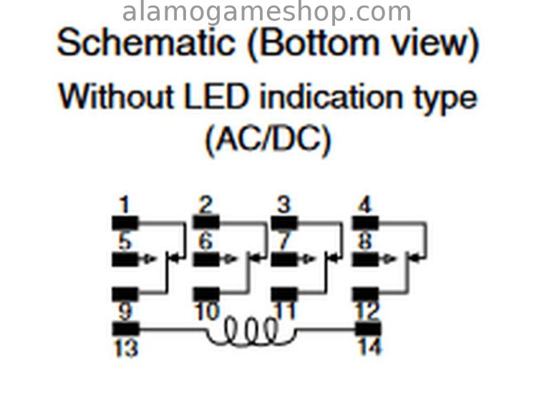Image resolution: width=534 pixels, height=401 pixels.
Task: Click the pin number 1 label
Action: point(125,206)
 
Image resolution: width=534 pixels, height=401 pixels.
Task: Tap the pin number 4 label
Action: point(364,206)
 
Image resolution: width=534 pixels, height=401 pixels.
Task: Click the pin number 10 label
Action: point(206,312)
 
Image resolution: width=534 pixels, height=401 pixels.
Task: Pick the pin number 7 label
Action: point(285,241)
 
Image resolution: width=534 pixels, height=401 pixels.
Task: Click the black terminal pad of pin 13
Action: point(125,329)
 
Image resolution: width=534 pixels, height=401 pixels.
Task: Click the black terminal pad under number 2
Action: point(206,222)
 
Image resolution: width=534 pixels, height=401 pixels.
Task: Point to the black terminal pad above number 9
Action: point(125,294)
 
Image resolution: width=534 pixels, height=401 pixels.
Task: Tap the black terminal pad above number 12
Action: point(365,294)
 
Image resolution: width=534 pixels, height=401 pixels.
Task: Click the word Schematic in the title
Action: point(146,43)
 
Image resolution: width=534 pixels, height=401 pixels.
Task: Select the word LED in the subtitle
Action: point(216,97)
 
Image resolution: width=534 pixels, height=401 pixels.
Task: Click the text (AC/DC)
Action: point(268,140)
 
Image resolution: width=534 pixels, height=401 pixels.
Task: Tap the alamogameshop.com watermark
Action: point(267,12)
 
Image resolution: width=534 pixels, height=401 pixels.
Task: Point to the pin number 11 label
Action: point(286,312)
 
